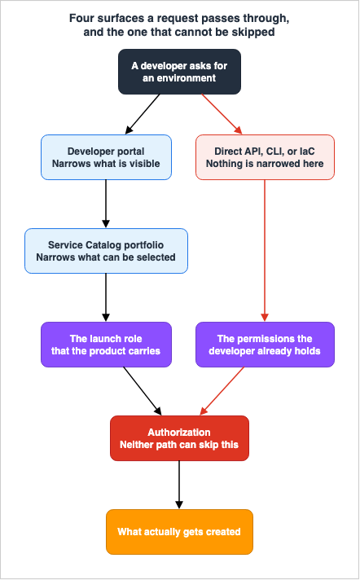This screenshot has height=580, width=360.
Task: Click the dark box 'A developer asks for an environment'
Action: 179,72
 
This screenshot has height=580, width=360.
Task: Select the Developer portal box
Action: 106,157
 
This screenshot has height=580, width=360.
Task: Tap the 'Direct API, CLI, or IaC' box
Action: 265,157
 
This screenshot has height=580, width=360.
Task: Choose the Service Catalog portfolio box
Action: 106,251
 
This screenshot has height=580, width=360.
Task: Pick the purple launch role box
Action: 106,345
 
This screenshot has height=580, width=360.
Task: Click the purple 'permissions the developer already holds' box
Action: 265,345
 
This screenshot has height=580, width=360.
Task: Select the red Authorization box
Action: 179,438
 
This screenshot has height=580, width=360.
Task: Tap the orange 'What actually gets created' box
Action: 179,532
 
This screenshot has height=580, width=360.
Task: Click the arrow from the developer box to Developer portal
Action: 143,114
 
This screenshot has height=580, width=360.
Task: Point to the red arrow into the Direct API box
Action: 222,114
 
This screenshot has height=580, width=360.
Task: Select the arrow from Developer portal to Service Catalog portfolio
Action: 106,204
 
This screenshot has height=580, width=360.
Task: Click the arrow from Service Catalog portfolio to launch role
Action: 106,298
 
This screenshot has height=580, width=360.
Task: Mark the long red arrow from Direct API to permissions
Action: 265,251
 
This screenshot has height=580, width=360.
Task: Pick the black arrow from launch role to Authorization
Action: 143,391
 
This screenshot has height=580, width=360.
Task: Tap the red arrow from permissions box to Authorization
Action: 222,391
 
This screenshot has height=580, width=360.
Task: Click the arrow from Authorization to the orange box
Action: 179,485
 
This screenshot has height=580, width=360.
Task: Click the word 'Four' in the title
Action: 81,18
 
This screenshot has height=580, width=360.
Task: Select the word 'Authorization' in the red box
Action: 179,432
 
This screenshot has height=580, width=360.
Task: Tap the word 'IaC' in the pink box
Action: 307,151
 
